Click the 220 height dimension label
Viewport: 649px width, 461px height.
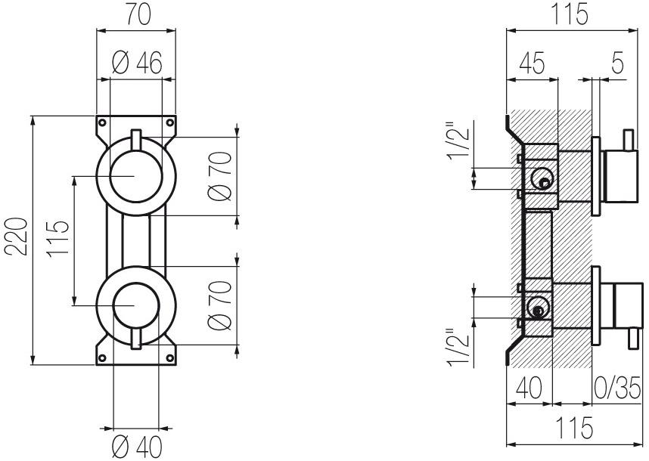pos(17,237)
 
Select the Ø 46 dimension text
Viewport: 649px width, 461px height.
pos(137,63)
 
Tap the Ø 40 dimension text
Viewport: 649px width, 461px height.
pos(138,447)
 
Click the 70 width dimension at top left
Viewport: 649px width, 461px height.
pos(138,15)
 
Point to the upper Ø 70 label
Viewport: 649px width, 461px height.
pos(220,177)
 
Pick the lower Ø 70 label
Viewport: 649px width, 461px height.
pos(220,305)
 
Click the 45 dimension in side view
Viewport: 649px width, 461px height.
pos(532,63)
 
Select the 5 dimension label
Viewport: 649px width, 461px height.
pos(616,63)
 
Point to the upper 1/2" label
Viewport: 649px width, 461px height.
pos(458,141)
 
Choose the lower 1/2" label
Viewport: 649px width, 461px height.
pos(458,348)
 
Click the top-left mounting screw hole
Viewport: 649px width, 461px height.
pos(102,122)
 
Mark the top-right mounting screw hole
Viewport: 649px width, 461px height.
pos(169,122)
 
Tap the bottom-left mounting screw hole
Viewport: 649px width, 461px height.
pos(102,357)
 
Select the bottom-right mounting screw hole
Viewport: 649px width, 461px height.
pos(169,357)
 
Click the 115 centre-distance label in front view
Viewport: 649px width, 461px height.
pos(57,240)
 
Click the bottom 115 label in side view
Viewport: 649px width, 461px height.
pos(574,429)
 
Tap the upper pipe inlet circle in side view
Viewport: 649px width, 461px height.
pos(542,179)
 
